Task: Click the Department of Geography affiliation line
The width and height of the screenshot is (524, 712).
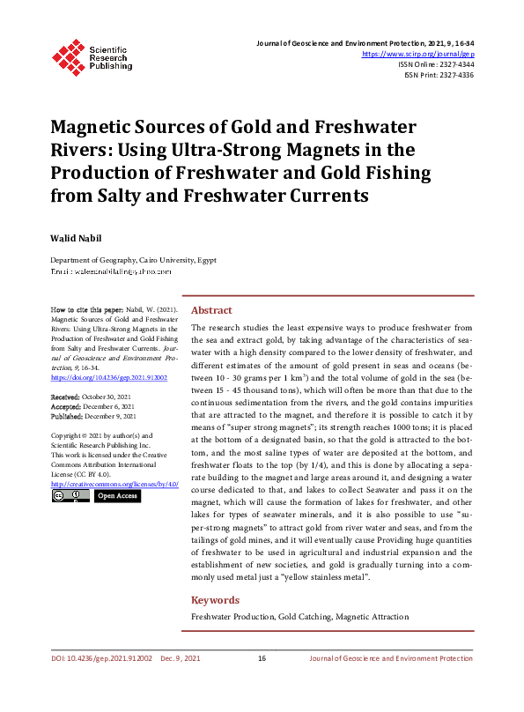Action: click(x=132, y=260)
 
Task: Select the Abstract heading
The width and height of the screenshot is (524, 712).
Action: click(x=211, y=310)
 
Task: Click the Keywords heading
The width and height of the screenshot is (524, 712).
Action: click(x=216, y=600)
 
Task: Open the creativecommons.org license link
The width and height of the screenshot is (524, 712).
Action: click(x=114, y=484)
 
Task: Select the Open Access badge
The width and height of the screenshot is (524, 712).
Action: click(x=116, y=496)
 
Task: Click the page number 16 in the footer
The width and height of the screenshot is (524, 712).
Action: click(x=262, y=658)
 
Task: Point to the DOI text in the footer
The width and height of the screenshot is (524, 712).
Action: click(x=100, y=658)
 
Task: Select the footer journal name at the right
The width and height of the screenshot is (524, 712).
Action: click(x=391, y=658)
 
